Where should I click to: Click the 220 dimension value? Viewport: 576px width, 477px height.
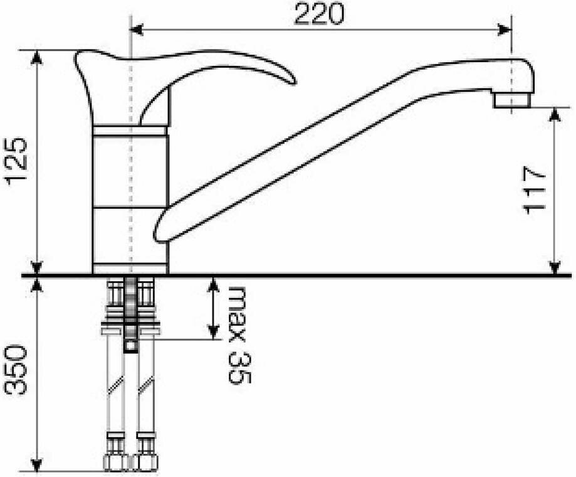click(319, 14)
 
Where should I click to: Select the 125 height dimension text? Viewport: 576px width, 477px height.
click(16, 159)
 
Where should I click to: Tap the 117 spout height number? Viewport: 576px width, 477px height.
click(534, 190)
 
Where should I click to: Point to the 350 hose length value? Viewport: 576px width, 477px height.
click(16, 370)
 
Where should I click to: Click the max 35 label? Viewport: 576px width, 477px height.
click(239, 335)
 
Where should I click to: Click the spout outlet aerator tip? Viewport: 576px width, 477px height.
click(511, 100)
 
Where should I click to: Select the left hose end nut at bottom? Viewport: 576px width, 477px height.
click(116, 463)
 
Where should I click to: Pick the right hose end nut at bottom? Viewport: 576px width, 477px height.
click(145, 463)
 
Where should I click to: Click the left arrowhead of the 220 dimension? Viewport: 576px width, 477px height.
click(137, 29)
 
